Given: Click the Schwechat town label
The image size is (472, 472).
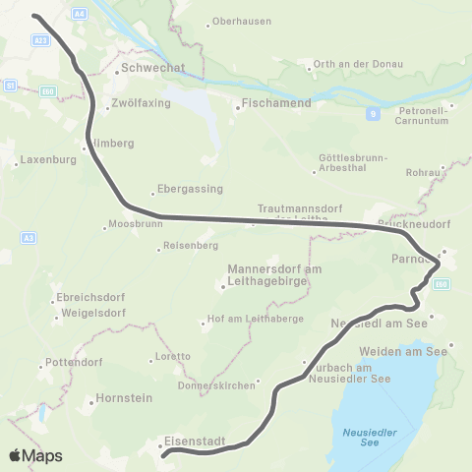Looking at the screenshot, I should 146,69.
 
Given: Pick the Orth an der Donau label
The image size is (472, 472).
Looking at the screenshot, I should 352,65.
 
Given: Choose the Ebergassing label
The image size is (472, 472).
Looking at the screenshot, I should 193,189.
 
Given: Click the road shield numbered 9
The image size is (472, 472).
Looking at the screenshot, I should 374,113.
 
